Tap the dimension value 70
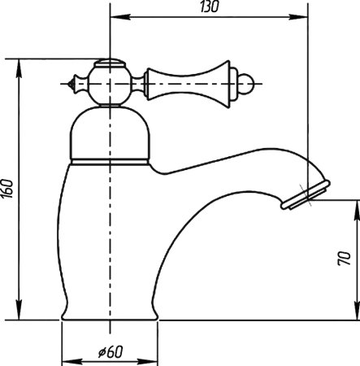point(345,259)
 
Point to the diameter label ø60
point(109,351)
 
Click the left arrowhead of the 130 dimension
point(115,17)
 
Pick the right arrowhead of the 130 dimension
point(303,17)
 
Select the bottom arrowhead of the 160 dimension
point(18,315)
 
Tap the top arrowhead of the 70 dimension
point(354,209)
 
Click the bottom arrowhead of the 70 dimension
point(354,315)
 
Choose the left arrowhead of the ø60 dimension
point(66,359)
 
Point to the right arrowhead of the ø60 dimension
point(151,359)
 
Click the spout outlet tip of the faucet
point(305,198)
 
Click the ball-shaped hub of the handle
point(109,84)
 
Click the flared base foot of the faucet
point(108,312)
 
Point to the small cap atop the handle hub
point(109,63)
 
